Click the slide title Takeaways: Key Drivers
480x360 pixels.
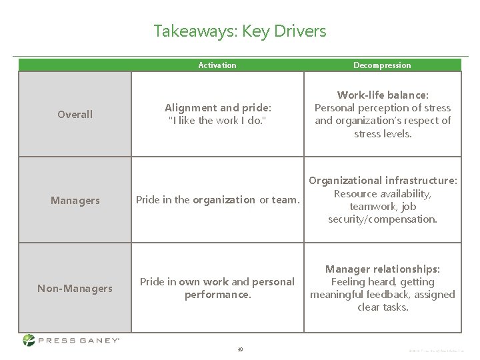coord(240,31)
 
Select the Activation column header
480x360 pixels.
coord(217,65)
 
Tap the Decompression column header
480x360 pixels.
coord(382,65)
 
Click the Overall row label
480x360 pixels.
coord(75,115)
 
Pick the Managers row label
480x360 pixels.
coord(75,200)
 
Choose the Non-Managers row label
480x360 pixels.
coord(75,288)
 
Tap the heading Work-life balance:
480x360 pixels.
coord(383,95)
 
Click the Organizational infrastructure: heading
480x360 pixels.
coord(383,181)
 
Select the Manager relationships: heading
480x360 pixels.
coord(383,269)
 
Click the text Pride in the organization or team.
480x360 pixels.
coord(217,200)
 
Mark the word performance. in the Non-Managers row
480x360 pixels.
coord(217,294)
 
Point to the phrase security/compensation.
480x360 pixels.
coord(383,219)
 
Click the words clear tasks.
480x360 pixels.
coord(383,307)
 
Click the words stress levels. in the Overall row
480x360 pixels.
coord(383,133)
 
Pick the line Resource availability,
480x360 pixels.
coord(383,193)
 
